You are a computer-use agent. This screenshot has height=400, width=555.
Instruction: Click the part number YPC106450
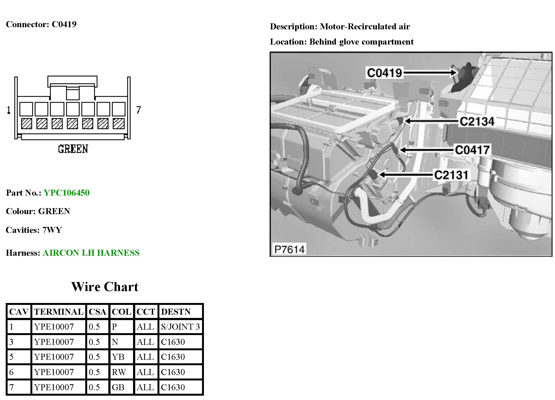point(67,193)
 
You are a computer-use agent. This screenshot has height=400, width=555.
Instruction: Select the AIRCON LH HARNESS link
point(91,253)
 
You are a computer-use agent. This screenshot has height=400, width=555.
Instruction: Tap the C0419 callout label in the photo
point(384,73)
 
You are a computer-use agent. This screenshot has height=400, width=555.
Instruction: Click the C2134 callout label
point(477,121)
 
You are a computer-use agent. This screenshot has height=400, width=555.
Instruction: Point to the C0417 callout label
point(472,150)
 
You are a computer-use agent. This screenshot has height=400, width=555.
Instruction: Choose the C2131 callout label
point(451,175)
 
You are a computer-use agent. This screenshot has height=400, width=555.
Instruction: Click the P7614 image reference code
point(289,249)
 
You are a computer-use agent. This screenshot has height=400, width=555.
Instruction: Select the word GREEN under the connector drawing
point(73,149)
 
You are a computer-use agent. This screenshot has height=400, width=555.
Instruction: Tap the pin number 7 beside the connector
point(138,110)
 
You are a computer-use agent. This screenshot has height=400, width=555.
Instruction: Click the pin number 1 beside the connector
point(9,110)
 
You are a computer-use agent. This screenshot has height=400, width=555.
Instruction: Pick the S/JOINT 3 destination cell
point(180,327)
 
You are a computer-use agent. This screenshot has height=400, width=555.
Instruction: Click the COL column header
point(121,312)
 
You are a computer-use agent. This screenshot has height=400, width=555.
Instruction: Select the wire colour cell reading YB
point(118,357)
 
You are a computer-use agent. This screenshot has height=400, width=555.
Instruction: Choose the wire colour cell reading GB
point(118,387)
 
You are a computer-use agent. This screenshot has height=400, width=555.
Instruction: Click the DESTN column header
point(176,312)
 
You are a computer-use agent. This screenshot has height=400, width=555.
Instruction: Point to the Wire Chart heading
point(105,287)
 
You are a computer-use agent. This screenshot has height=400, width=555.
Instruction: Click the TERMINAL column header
point(59,312)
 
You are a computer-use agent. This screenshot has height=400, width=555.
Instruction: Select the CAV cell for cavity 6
point(11,372)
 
